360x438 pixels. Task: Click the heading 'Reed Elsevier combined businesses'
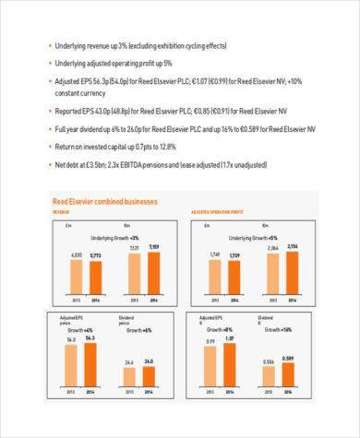(104, 201)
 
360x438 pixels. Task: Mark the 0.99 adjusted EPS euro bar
(210, 373)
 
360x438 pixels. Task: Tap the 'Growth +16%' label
(279, 329)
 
